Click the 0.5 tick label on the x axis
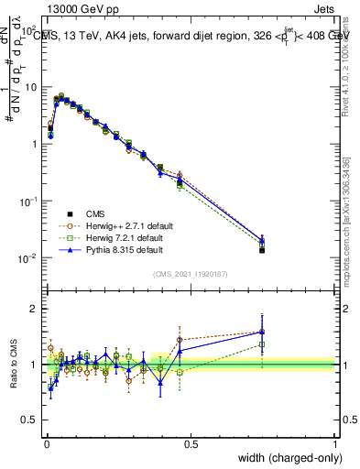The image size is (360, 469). (190, 442)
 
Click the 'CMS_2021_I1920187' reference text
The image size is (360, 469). (190, 275)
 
